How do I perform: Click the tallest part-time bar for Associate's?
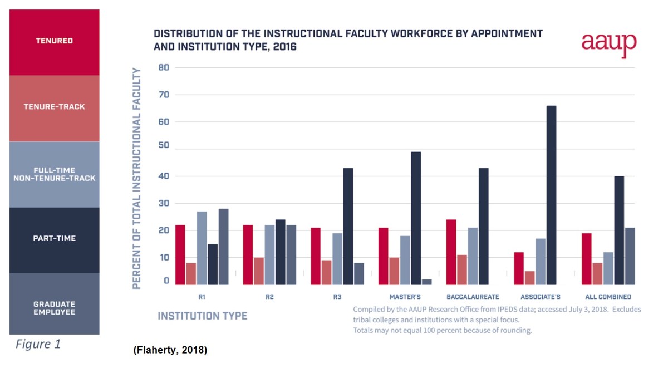point(551,195)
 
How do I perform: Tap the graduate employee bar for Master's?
point(427,282)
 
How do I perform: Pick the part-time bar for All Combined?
point(619,230)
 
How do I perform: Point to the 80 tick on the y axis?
point(164,67)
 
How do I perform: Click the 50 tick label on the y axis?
point(164,149)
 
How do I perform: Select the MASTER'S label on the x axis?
point(405,297)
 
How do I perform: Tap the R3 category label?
point(337,297)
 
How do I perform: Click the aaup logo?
point(608,43)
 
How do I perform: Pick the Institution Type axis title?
point(202,316)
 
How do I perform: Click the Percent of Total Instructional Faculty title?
point(136,178)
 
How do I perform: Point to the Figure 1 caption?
point(38,344)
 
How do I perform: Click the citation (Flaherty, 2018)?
point(170,351)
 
